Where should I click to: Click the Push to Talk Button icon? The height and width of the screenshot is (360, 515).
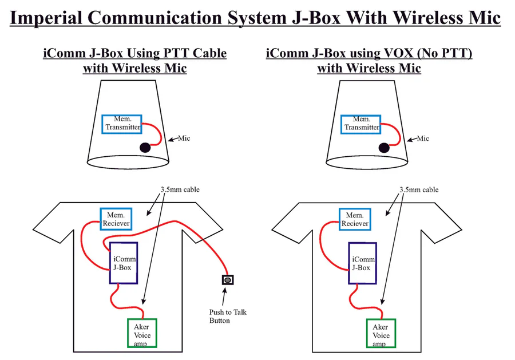point(228,280)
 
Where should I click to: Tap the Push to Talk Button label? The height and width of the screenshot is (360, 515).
point(228,316)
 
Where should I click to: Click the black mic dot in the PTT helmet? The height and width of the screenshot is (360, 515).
point(145,148)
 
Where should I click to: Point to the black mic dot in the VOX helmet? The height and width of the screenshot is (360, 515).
point(384,148)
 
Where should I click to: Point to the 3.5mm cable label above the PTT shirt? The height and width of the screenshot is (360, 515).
point(180,189)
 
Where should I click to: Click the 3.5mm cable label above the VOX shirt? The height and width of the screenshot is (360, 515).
point(419,190)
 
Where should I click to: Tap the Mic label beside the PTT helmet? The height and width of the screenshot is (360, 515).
point(184,139)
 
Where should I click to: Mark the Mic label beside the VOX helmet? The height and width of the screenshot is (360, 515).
point(423,139)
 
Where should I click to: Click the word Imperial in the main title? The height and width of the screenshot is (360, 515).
point(46,18)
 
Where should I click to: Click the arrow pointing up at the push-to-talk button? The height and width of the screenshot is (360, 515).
point(224,296)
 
